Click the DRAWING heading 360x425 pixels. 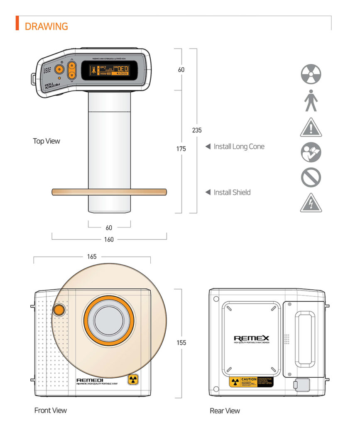pos(46,26)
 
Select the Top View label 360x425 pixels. pos(47,141)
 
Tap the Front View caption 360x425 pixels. pos(50,410)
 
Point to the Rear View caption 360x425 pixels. pos(225,411)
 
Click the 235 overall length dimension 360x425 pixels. pos(197,130)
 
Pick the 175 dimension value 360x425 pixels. pos(181,149)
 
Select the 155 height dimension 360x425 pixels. pos(181,342)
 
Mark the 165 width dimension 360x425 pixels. pos(92,256)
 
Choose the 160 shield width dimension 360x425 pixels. pos(109,239)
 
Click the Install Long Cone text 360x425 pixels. pos(239,147)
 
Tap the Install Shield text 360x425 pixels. pos(232,192)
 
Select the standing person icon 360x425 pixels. pos(311,101)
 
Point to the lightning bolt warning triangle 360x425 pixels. pos(311,203)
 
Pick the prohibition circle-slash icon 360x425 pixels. pos(311,177)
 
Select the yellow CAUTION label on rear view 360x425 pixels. pos(251,381)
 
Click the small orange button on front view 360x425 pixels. pos(59,310)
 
